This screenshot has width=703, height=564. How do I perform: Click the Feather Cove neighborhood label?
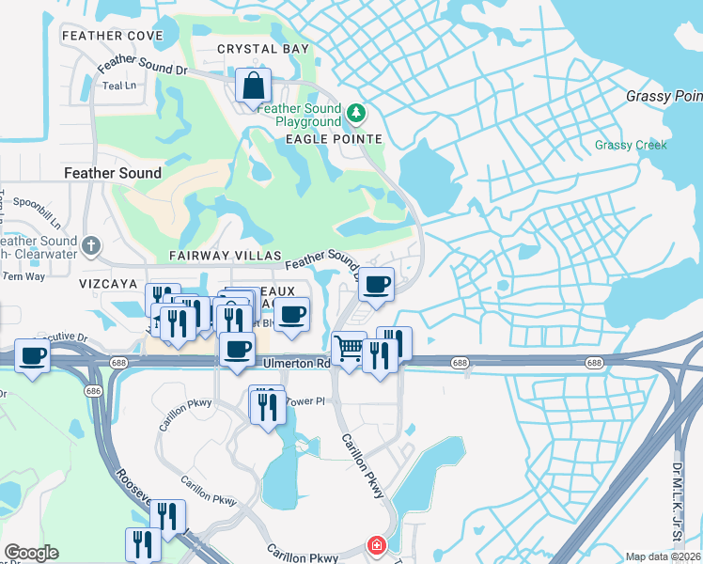tap(112, 36)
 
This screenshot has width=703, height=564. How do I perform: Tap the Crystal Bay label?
tap(249, 49)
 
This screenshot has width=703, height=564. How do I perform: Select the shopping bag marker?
tap(253, 86)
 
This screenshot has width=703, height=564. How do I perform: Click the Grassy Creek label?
tap(631, 145)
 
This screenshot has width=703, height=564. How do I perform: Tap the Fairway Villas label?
tap(225, 256)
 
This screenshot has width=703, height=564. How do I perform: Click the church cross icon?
tap(91, 245)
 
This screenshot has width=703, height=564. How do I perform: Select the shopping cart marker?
tap(349, 349)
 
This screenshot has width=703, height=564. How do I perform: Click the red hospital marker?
tap(376, 545)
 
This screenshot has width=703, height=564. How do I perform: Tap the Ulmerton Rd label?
tap(296, 364)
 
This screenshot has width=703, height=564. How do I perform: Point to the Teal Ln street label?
tap(119, 86)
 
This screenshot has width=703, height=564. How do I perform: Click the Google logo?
tap(31, 553)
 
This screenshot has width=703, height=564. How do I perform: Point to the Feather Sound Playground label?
tap(299, 115)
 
